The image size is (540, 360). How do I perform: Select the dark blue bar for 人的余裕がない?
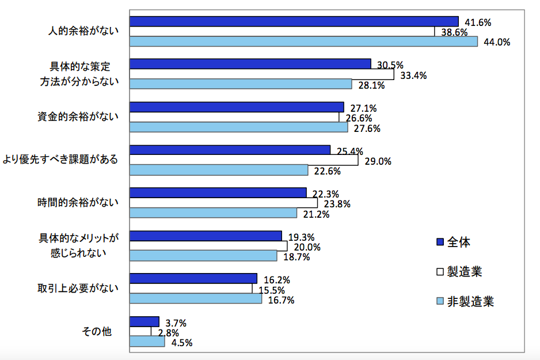point(294,21)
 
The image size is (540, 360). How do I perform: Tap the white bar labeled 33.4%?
point(262,74)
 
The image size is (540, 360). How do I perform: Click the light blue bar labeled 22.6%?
point(219,170)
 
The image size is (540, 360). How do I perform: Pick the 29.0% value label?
point(377,161)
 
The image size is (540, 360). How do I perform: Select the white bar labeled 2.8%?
point(140,332)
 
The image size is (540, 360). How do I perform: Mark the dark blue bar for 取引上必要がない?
point(193,278)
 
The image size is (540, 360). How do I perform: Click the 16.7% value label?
point(282,300)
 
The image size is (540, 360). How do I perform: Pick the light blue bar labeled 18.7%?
point(203,256)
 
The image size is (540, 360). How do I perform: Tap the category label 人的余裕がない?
point(83,32)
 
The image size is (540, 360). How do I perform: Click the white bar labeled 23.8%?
point(223,203)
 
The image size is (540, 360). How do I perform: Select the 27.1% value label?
point(363,108)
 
